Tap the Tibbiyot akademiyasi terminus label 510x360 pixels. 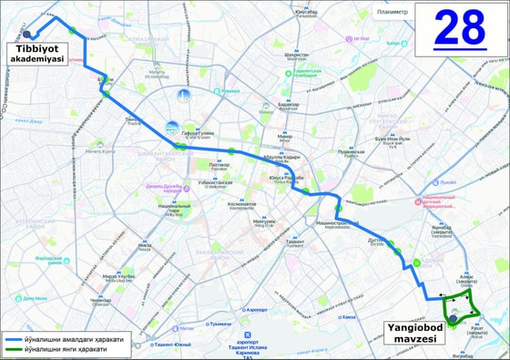pos(37,52)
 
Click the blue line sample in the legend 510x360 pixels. pos(13,338)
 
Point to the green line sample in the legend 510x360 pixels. pos(13,348)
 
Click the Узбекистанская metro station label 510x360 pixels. pos(217,182)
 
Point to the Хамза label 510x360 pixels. pos(348,317)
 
